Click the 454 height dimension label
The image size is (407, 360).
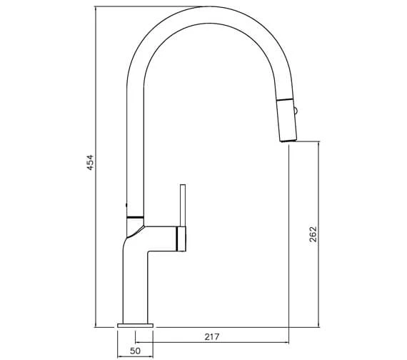coord(91,162)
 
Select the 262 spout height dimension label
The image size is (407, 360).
coord(313,234)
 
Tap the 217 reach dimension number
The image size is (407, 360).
coord(212,337)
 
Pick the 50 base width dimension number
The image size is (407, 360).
coord(135,351)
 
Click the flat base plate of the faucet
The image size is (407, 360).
coord(135,326)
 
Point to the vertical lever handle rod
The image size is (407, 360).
coord(183,205)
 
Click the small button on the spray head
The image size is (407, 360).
coord(296,111)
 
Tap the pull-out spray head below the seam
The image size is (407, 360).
coord(287,121)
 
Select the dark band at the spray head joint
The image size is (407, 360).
coord(285,99)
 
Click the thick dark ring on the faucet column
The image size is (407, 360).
coord(135,217)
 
